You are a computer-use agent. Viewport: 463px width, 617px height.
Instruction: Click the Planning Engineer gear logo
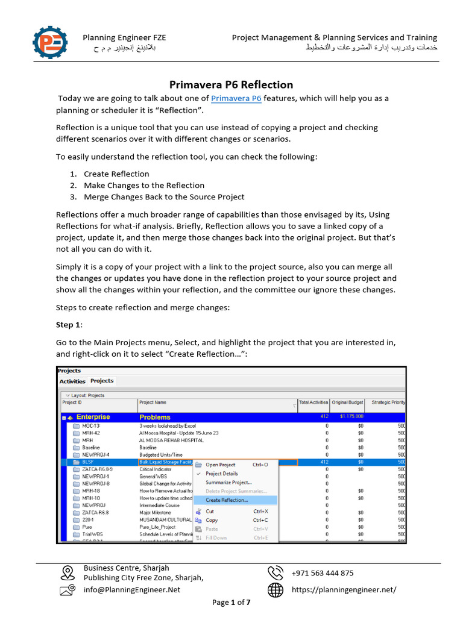[50, 42]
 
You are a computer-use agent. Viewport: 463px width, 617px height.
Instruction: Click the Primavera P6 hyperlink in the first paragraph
[236, 98]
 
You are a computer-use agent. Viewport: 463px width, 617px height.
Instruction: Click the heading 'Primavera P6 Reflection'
[231, 84]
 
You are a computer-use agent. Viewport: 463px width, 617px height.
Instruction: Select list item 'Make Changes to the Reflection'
[144, 185]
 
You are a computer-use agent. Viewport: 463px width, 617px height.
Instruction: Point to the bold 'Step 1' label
[68, 325]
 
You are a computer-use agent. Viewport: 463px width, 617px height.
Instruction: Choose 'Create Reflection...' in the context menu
[227, 500]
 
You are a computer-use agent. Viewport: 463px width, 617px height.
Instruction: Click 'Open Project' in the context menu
[221, 465]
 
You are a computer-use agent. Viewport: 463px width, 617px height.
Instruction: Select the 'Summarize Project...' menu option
[228, 483]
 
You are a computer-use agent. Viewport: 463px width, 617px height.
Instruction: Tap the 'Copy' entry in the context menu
[212, 520]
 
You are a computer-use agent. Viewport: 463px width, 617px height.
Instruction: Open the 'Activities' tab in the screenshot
[72, 381]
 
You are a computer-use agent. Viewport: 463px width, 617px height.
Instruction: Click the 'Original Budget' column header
[348, 402]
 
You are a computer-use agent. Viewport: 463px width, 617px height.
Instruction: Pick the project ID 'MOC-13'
[92, 426]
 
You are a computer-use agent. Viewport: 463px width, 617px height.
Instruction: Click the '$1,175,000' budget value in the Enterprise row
[351, 416]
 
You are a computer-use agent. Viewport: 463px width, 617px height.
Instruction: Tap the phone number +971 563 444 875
[323, 573]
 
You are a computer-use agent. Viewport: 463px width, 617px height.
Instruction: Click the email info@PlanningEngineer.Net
[132, 590]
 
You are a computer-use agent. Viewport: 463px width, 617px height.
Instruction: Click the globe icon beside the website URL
[276, 590]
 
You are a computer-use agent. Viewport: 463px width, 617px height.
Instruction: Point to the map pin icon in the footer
[68, 572]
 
